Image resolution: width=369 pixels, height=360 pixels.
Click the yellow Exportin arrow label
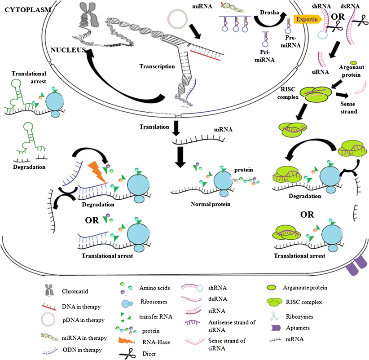coord(306,19)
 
